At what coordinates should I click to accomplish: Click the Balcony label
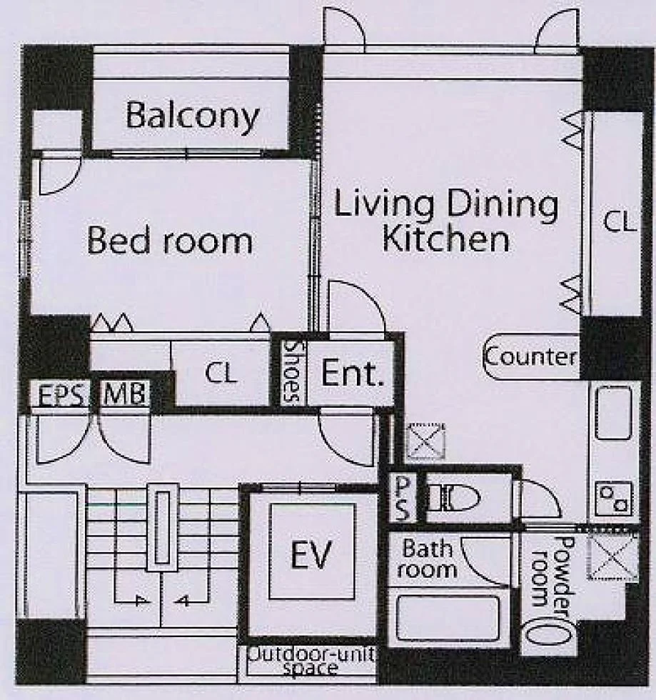192,116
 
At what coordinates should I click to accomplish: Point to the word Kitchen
446,239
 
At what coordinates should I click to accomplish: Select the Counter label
530,356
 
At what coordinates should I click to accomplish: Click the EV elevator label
311,554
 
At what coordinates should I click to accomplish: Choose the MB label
124,394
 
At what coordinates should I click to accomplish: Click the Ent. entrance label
352,373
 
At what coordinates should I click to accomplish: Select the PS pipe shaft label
403,499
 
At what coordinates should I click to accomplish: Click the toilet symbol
454,497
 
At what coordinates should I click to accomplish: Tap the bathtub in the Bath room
448,619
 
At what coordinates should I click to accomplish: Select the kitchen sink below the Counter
614,413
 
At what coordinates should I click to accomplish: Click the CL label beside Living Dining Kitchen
619,222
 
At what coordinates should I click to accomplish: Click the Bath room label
427,559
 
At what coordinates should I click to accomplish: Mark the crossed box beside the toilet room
426,441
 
